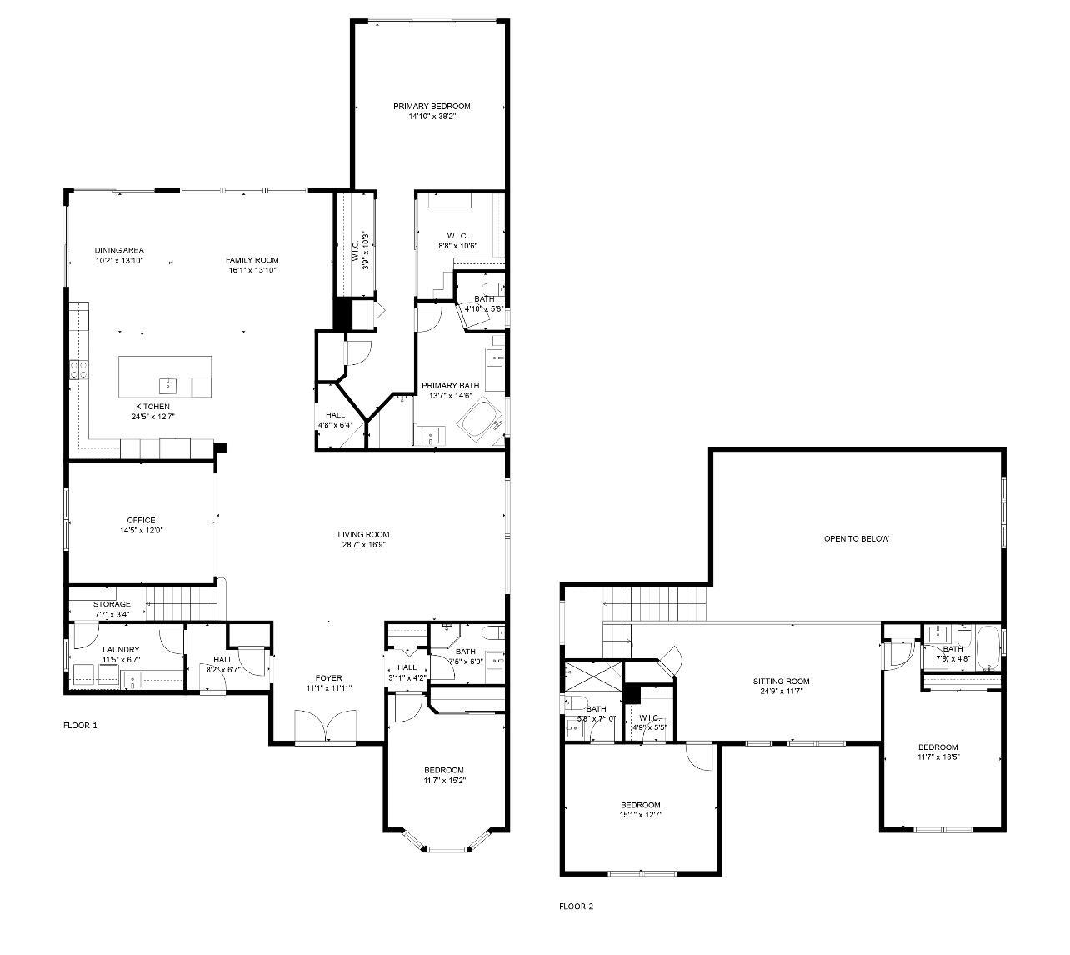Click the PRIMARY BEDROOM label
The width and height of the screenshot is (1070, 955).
coord(432,106)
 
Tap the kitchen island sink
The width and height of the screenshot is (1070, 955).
coord(168,384)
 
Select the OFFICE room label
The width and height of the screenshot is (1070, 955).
coord(141,520)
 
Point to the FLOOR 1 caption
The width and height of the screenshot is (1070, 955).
coord(80,725)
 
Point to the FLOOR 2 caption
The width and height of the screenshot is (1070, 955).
coord(576,906)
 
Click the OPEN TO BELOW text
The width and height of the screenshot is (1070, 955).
coord(856,538)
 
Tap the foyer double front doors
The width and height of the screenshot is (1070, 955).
coord(326,726)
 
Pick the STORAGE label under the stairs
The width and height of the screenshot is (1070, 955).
coord(112,604)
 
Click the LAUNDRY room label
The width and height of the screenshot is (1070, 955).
coord(121,650)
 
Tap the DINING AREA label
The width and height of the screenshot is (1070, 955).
coord(119,250)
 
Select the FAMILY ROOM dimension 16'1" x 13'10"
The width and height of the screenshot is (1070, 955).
coord(252,270)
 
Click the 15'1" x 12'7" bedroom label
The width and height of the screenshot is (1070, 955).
coord(641,805)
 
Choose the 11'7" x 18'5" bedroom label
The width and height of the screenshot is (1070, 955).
coord(937,747)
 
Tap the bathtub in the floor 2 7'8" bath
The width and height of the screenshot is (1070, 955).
coord(988,649)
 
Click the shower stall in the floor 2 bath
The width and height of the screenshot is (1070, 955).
coord(592,672)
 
